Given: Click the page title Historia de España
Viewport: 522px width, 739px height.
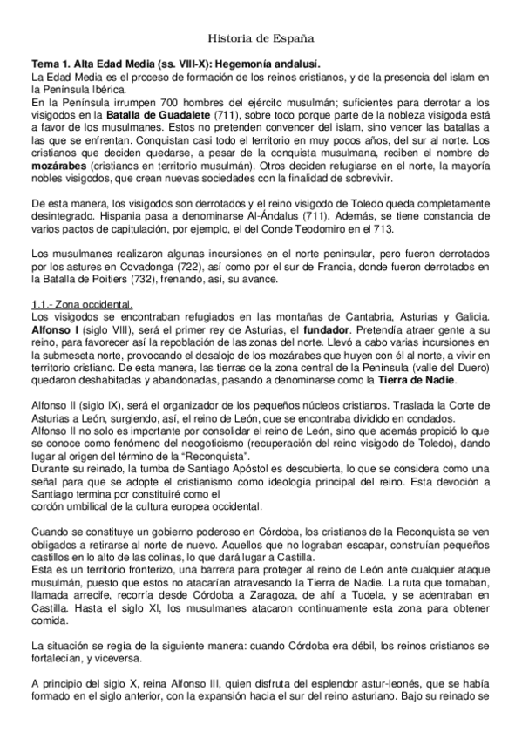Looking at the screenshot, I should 261,38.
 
